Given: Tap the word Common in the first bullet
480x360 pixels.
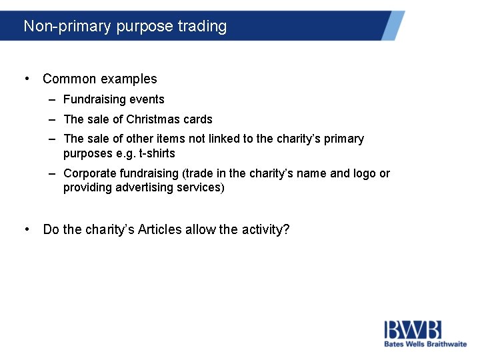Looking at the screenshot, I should coord(69,79).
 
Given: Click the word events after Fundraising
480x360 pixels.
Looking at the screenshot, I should coord(147,99).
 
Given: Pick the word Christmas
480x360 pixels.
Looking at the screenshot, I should coord(154,119).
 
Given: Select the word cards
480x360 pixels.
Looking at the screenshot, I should coord(198,119).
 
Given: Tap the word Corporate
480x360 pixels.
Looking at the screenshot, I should coord(89,173).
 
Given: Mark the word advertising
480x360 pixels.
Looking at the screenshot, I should coord(147,187).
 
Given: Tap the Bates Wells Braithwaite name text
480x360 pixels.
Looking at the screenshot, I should coord(425,344).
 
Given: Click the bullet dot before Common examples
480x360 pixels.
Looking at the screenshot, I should coord(26,79).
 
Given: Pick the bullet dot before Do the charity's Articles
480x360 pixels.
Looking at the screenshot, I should coord(26,229).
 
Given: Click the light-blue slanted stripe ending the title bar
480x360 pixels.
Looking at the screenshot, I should coord(393,25).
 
